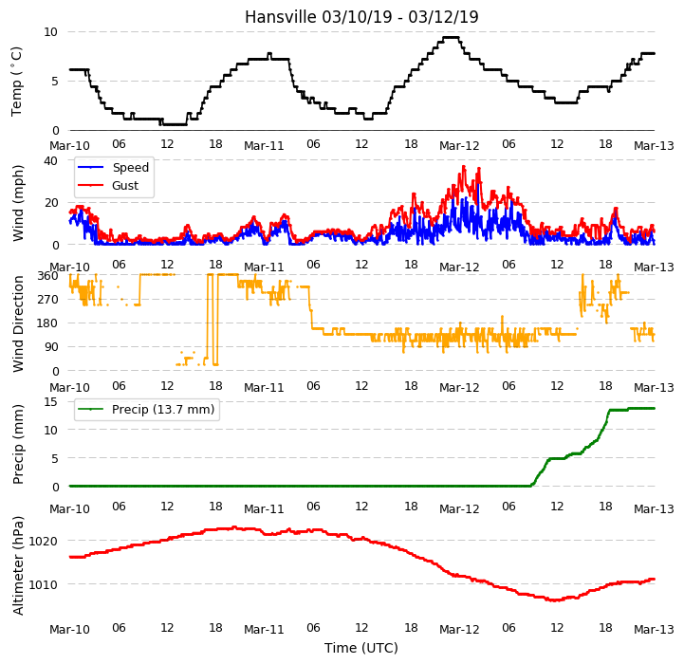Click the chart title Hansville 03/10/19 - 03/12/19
coord(361,17)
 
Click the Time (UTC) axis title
coord(361,648)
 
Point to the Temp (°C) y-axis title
coord(16,82)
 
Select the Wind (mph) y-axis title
coord(18,203)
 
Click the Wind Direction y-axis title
coord(18,323)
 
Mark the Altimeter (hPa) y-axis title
coord(18,566)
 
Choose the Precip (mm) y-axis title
coord(18,444)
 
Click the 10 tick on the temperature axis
coord(50,32)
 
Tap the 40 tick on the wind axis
coord(50,160)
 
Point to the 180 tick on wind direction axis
coord(48,323)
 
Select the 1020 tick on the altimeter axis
coord(43,542)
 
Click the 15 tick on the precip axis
coord(50,401)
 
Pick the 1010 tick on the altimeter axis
coord(43,584)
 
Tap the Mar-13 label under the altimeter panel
coord(654,630)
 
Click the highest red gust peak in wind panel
coord(464,166)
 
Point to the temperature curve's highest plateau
coord(452,38)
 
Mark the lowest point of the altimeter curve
coord(556,600)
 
